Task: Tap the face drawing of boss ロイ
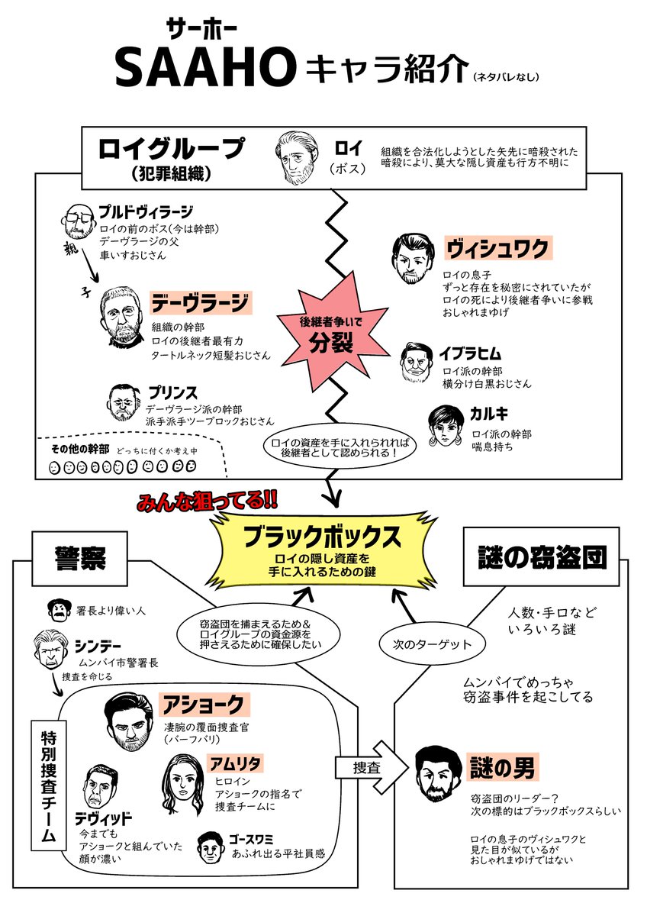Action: pos(295,157)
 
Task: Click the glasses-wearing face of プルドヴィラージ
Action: pos(76,221)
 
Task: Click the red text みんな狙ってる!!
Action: pos(207,502)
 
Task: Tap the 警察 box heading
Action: pos(79,559)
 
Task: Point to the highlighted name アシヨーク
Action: pos(204,703)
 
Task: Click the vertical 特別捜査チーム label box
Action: pos(47,785)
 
